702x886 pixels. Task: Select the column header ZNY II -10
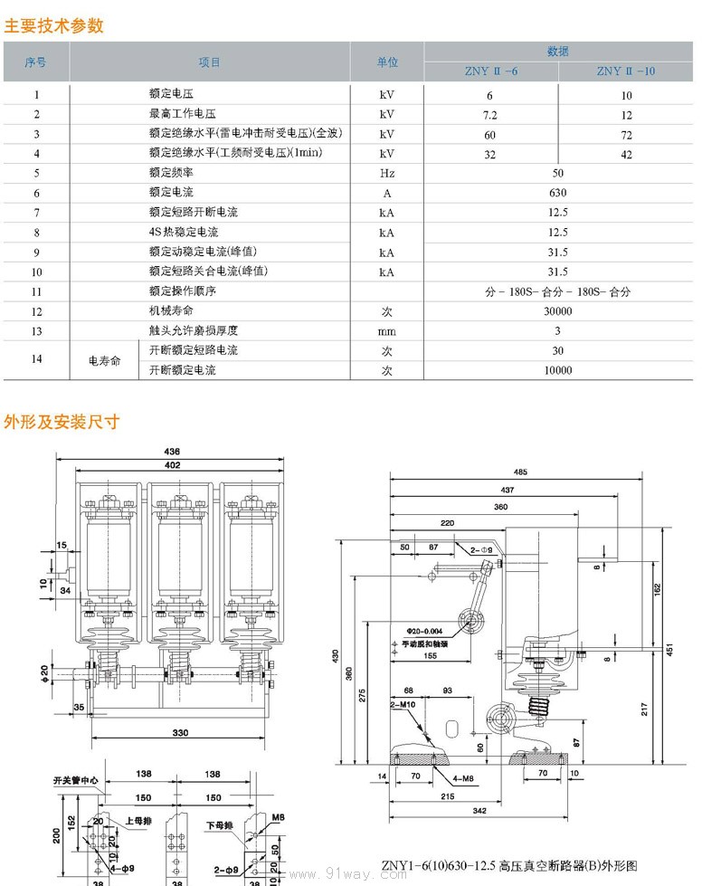tap(625, 71)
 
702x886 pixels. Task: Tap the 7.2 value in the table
tap(489, 114)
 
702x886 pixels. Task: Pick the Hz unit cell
tap(386, 173)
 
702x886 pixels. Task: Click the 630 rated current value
tap(557, 193)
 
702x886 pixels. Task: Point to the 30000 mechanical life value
tap(557, 311)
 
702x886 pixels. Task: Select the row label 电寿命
tap(104, 360)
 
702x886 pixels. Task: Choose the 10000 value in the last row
tap(557, 370)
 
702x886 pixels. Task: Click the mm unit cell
tap(386, 331)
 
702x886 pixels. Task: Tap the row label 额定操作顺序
tap(183, 291)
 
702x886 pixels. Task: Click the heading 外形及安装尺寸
tap(62, 422)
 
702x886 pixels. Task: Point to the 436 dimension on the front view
tap(172, 452)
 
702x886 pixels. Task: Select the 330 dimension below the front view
tap(180, 731)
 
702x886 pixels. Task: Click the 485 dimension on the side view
tap(519, 472)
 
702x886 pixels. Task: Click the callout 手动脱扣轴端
tap(424, 643)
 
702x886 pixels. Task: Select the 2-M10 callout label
tap(403, 703)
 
